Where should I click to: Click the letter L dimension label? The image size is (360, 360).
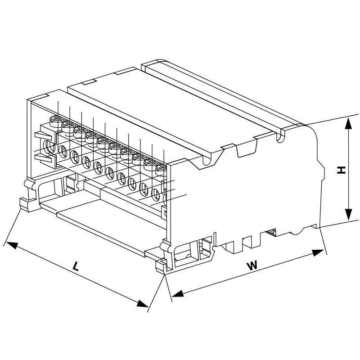click(x=76, y=266)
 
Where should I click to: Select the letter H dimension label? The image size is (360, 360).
click(x=341, y=170)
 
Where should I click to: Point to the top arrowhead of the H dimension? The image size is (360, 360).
click(x=349, y=124)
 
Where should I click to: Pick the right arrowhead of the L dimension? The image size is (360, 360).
click(x=142, y=303)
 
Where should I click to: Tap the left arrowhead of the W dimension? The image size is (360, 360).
click(x=177, y=294)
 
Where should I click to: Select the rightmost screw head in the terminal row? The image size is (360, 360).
click(x=161, y=170)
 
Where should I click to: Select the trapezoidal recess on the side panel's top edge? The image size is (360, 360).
click(x=247, y=149)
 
